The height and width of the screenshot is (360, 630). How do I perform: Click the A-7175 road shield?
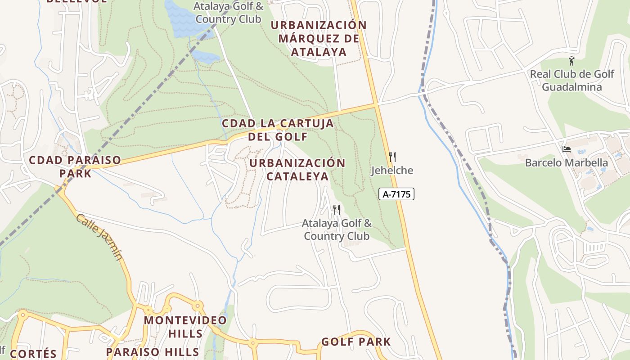coord(396,194)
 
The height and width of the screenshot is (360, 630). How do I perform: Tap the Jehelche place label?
coord(392,171)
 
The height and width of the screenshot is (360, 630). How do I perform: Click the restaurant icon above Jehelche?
coord(392,157)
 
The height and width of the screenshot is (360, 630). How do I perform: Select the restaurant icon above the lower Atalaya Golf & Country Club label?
coord(336,209)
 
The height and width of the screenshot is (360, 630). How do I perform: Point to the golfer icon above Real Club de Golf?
coord(571,61)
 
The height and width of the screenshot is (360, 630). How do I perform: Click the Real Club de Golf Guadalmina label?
coord(571,81)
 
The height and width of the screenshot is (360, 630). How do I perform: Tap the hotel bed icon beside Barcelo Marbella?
coord(567,149)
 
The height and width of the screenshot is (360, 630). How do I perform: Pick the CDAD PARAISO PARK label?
coord(75,166)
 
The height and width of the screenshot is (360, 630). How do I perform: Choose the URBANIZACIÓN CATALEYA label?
coord(297,169)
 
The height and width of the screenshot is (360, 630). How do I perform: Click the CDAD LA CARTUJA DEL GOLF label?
coord(278,130)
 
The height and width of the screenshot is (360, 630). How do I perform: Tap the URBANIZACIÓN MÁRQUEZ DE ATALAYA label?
coord(319,38)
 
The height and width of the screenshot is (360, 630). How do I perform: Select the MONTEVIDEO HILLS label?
coord(185,327)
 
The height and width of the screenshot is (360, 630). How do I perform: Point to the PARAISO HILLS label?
coord(153,351)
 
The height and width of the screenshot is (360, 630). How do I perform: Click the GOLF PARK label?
coord(356,342)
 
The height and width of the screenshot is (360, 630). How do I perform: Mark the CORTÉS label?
coord(33,353)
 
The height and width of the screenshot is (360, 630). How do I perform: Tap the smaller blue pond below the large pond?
coord(205,57)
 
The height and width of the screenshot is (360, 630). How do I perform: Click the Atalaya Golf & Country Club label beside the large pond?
coord(228,13)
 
